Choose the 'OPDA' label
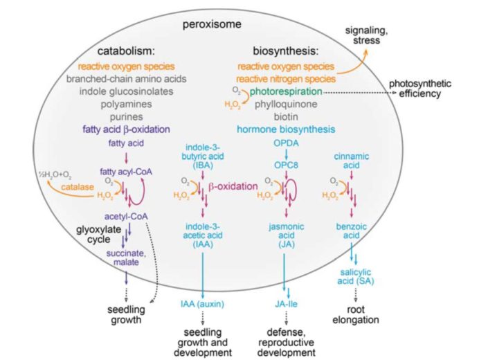pyautogui.click(x=287, y=145)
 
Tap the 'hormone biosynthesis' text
pyautogui.click(x=286, y=129)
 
